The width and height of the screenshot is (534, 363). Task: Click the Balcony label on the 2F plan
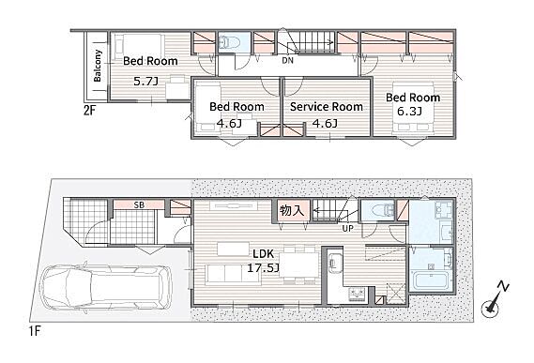pos(98,66)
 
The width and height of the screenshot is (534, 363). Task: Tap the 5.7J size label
pos(145,81)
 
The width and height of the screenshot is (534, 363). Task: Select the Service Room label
pos(327,107)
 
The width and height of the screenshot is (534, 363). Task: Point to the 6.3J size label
pos(410,111)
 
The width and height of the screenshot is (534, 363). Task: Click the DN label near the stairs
pos(288,61)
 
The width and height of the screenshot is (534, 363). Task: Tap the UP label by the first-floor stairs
pos(348,228)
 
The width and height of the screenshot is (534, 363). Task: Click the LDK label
pos(264,253)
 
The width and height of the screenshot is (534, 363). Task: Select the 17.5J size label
pos(264,268)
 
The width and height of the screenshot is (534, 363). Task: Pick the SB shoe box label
pos(139,205)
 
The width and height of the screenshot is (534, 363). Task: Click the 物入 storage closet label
pos(292,210)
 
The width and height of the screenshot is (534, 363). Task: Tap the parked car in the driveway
pos(106,288)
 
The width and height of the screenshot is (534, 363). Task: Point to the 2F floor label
pos(90,111)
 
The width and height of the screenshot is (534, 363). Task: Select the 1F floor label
pos(35,331)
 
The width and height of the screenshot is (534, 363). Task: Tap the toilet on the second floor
pos(230,42)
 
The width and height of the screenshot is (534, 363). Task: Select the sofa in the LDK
pos(233,275)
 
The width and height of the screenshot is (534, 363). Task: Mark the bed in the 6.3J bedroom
pos(413,107)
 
